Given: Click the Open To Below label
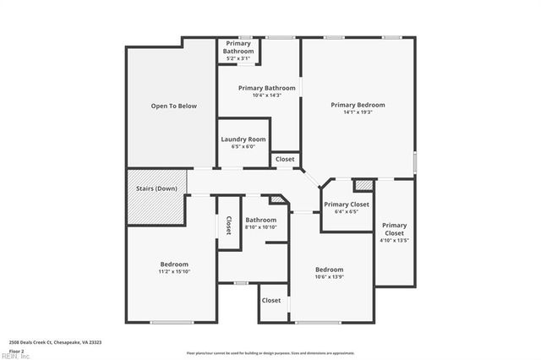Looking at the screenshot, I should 173,106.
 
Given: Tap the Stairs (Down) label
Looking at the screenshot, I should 156,188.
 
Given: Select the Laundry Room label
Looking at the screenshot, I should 243,139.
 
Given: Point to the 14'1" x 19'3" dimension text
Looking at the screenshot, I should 358,112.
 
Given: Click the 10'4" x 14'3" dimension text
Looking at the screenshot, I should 266,95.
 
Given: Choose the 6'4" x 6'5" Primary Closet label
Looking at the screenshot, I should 347,205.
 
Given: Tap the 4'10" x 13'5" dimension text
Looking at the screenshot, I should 394,240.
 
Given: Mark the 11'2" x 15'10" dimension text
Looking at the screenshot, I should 174,271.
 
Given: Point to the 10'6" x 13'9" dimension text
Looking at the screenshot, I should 329,277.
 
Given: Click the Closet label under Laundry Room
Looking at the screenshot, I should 285,159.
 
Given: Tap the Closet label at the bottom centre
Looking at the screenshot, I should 271,300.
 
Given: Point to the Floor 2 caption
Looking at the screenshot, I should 15,350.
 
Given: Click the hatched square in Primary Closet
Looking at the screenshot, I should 363,184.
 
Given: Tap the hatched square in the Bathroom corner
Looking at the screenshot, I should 276,200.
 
